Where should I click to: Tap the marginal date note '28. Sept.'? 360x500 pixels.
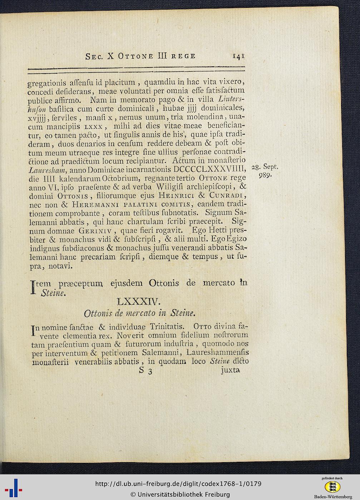pyautogui.click(x=265, y=167)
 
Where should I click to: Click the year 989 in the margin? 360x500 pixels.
pyautogui.click(x=265, y=176)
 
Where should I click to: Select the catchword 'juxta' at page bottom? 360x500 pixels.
pyautogui.click(x=230, y=370)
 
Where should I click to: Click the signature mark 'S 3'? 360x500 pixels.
pyautogui.click(x=146, y=371)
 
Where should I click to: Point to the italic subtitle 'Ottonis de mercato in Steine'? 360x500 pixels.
pyautogui.click(x=139, y=314)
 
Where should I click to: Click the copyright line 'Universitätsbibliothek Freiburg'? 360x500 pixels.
pyautogui.click(x=180, y=494)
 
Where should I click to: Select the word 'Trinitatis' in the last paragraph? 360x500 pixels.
pyautogui.click(x=167, y=326)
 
